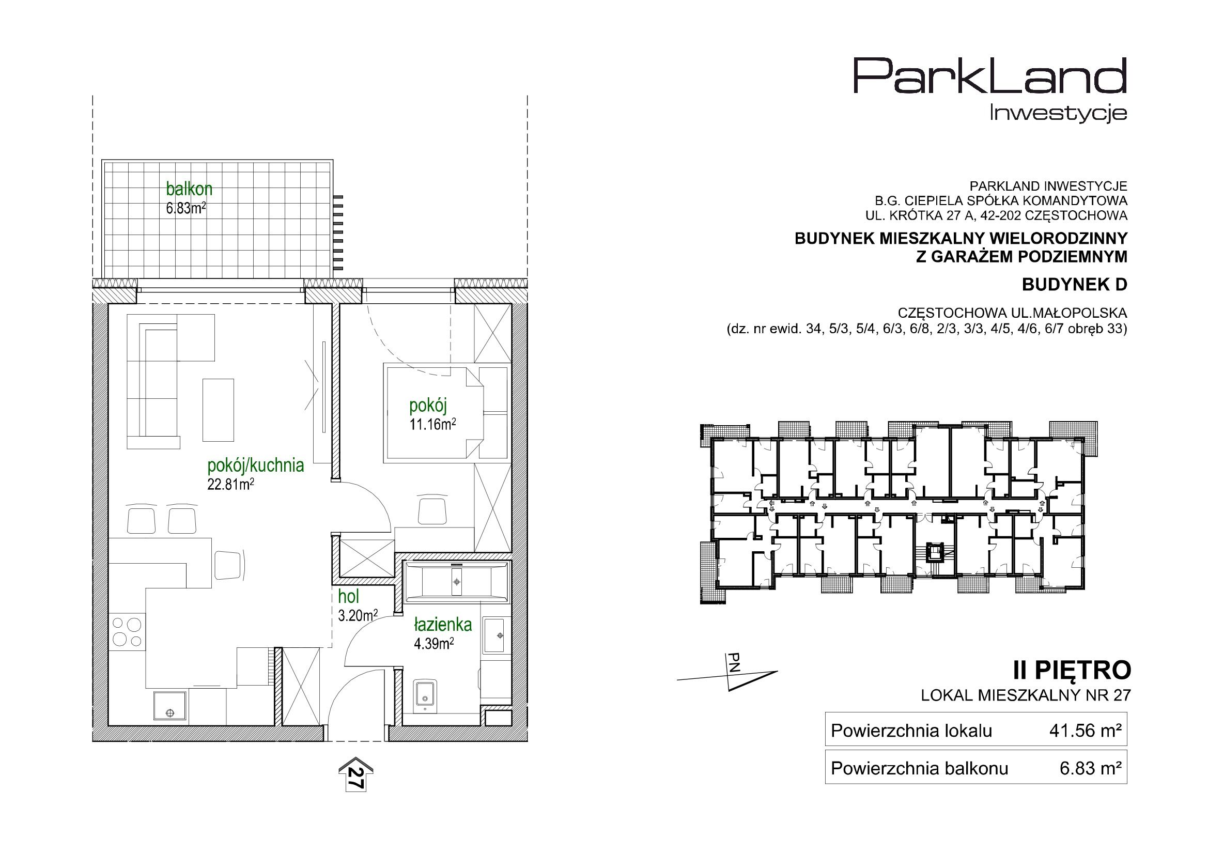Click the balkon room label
pyautogui.click(x=189, y=189)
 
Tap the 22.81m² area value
pyautogui.click(x=230, y=485)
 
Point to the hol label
pyautogui.click(x=348, y=596)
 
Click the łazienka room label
pyautogui.click(x=443, y=625)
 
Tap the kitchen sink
pyautogui.click(x=169, y=706)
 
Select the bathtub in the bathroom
pyautogui.click(x=457, y=581)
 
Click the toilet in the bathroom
pyautogui.click(x=424, y=695)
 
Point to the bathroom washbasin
pyautogui.click(x=494, y=635)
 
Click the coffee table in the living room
pyautogui.click(x=218, y=410)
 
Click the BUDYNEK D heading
pyautogui.click(x=1074, y=285)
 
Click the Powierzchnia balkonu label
pyautogui.click(x=919, y=769)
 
